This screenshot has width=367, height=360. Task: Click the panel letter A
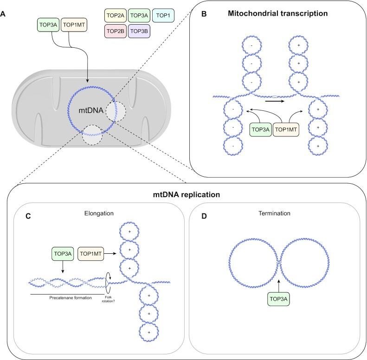tap(4, 14)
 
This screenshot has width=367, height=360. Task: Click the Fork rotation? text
tap(108, 300)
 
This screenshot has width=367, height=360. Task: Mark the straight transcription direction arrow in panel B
tap(275, 99)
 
